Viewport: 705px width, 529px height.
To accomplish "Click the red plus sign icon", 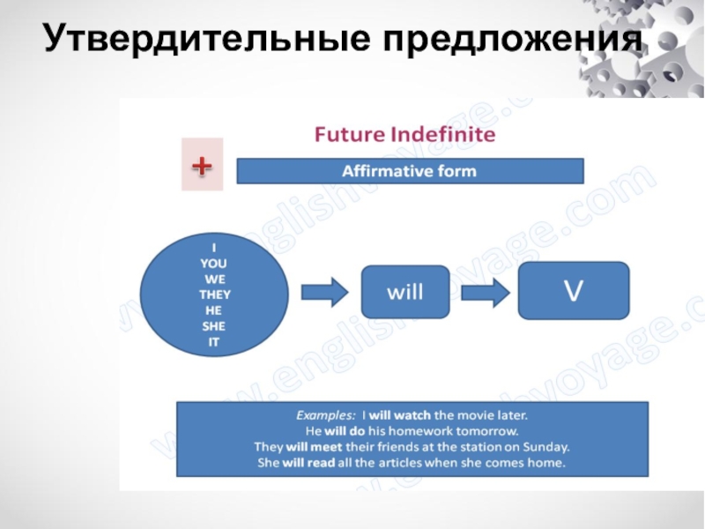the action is pyautogui.click(x=201, y=165).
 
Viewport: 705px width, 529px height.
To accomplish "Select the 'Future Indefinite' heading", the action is pyautogui.click(x=405, y=136).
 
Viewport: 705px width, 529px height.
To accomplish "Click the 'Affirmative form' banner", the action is pyautogui.click(x=410, y=171).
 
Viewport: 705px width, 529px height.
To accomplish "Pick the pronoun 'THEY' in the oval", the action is pyautogui.click(x=214, y=294).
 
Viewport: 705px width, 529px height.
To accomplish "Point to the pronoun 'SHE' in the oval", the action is pyautogui.click(x=214, y=326).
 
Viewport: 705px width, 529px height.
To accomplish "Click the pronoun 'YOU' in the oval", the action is pyautogui.click(x=214, y=263).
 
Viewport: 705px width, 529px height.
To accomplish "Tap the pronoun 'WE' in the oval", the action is pyautogui.click(x=214, y=279).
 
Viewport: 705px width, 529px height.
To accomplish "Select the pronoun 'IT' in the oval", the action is pyautogui.click(x=214, y=342).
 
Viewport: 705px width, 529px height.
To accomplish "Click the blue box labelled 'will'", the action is pyautogui.click(x=405, y=292).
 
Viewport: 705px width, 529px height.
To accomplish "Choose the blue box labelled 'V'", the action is pyautogui.click(x=573, y=290).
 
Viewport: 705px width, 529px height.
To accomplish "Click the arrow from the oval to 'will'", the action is pyautogui.click(x=324, y=293).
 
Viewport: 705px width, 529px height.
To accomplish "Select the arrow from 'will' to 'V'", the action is pyautogui.click(x=486, y=292).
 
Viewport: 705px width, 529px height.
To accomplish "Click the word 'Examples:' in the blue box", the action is pyautogui.click(x=323, y=414).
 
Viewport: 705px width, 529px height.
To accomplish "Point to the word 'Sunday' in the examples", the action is pyautogui.click(x=548, y=446).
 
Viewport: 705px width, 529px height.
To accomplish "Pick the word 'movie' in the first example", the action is pyautogui.click(x=478, y=414).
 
